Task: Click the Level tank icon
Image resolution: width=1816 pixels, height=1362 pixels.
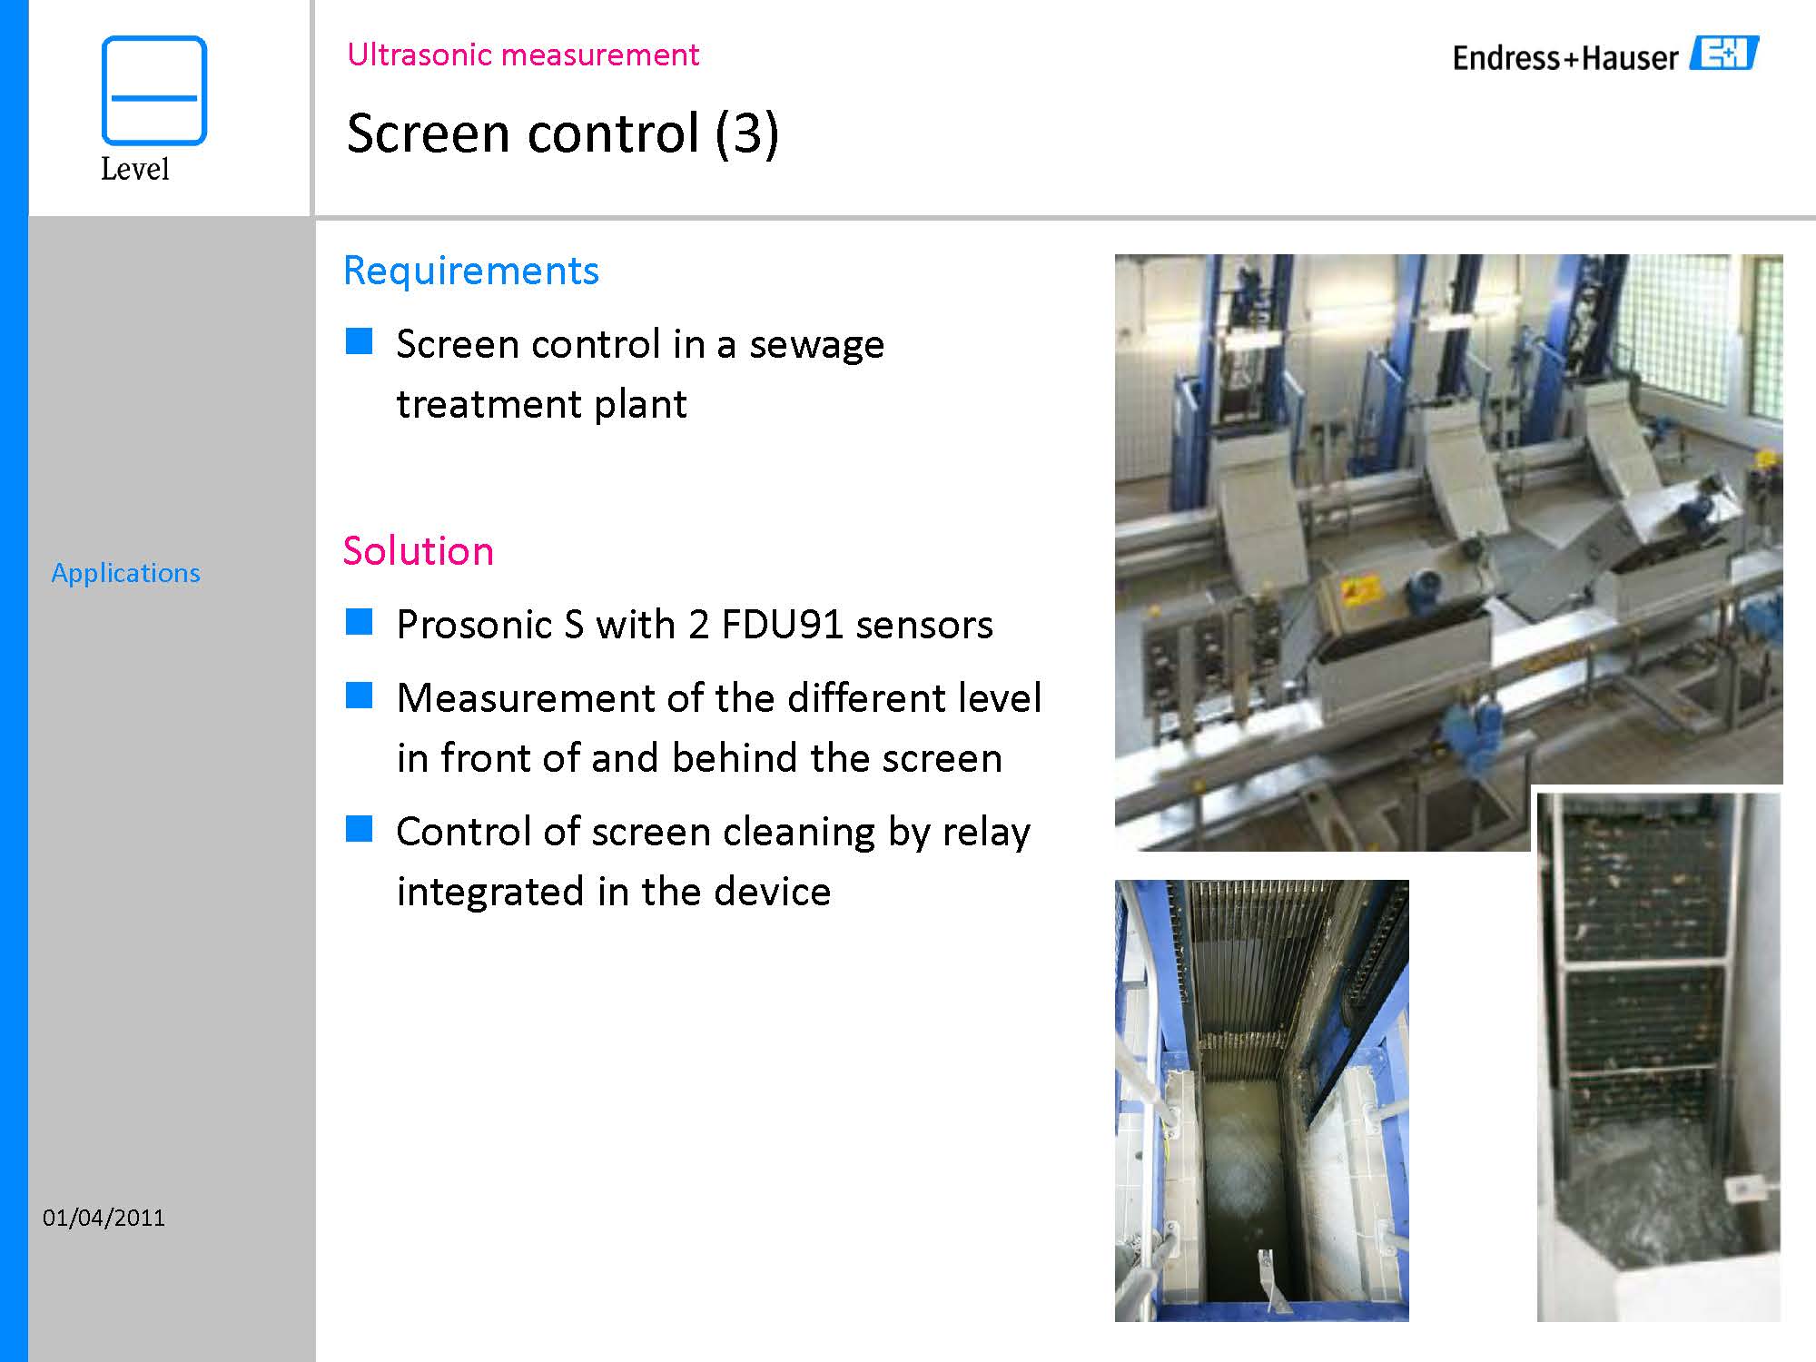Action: tap(154, 90)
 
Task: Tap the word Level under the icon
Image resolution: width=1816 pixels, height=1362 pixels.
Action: tap(134, 169)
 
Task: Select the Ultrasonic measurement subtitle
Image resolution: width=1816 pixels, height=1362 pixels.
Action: tap(523, 54)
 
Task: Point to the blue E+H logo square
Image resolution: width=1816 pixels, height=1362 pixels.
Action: tap(1723, 54)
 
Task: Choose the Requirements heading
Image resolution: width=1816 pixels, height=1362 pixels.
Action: tap(471, 271)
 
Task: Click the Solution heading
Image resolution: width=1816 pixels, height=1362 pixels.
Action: tap(419, 551)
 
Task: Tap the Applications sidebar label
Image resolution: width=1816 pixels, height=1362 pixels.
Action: tap(125, 573)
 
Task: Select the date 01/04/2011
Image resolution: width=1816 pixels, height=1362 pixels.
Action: tap(104, 1218)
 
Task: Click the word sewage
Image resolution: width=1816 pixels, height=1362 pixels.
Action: tap(816, 345)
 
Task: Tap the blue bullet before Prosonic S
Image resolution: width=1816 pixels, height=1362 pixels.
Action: tap(359, 622)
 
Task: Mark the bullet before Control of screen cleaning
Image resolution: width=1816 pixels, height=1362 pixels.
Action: tap(359, 829)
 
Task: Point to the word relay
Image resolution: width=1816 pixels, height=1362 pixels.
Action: tap(986, 832)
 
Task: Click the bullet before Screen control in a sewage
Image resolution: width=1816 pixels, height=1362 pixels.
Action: tap(359, 341)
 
